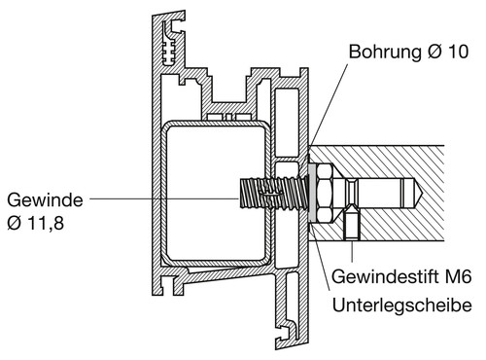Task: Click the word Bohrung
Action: point(386,52)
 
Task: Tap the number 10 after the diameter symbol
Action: point(458,52)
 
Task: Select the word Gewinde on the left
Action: point(45,200)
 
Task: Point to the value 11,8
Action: point(46,223)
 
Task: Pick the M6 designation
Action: point(458,277)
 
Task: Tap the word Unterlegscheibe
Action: point(402,306)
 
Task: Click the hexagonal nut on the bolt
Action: point(324,194)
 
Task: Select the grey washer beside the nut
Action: point(312,194)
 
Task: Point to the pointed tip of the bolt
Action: point(421,194)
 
